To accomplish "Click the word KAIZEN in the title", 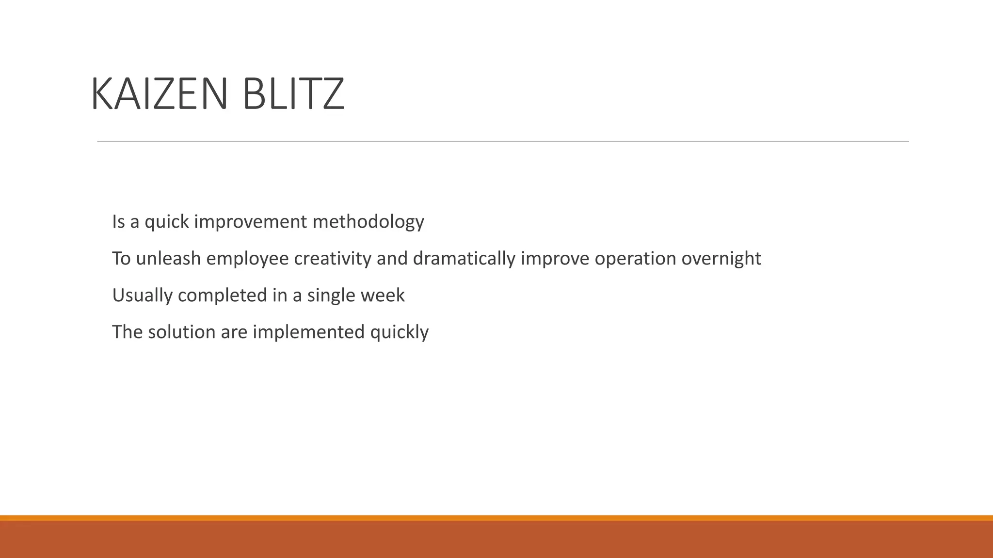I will pyautogui.click(x=159, y=94).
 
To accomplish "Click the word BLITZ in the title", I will pyautogui.click(x=293, y=94).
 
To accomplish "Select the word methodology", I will pyautogui.click(x=368, y=222).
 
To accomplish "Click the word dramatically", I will pyautogui.click(x=464, y=259).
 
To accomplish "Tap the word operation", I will pyautogui.click(x=635, y=259).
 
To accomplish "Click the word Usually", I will pyautogui.click(x=142, y=295).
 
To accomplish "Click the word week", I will pyautogui.click(x=383, y=295).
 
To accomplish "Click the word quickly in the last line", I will pyautogui.click(x=399, y=332).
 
